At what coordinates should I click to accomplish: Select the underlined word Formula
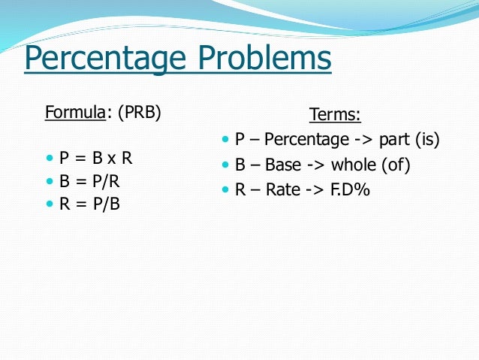74,114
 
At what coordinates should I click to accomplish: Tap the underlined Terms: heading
335,115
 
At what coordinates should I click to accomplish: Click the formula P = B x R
96,159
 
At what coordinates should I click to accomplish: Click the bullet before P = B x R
50,159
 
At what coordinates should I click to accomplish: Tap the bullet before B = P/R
50,181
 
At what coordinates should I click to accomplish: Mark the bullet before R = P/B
50,204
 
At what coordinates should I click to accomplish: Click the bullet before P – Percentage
226,140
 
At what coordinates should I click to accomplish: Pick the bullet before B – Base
226,165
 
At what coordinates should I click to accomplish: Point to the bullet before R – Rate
226,189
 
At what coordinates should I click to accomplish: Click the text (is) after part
426,140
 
